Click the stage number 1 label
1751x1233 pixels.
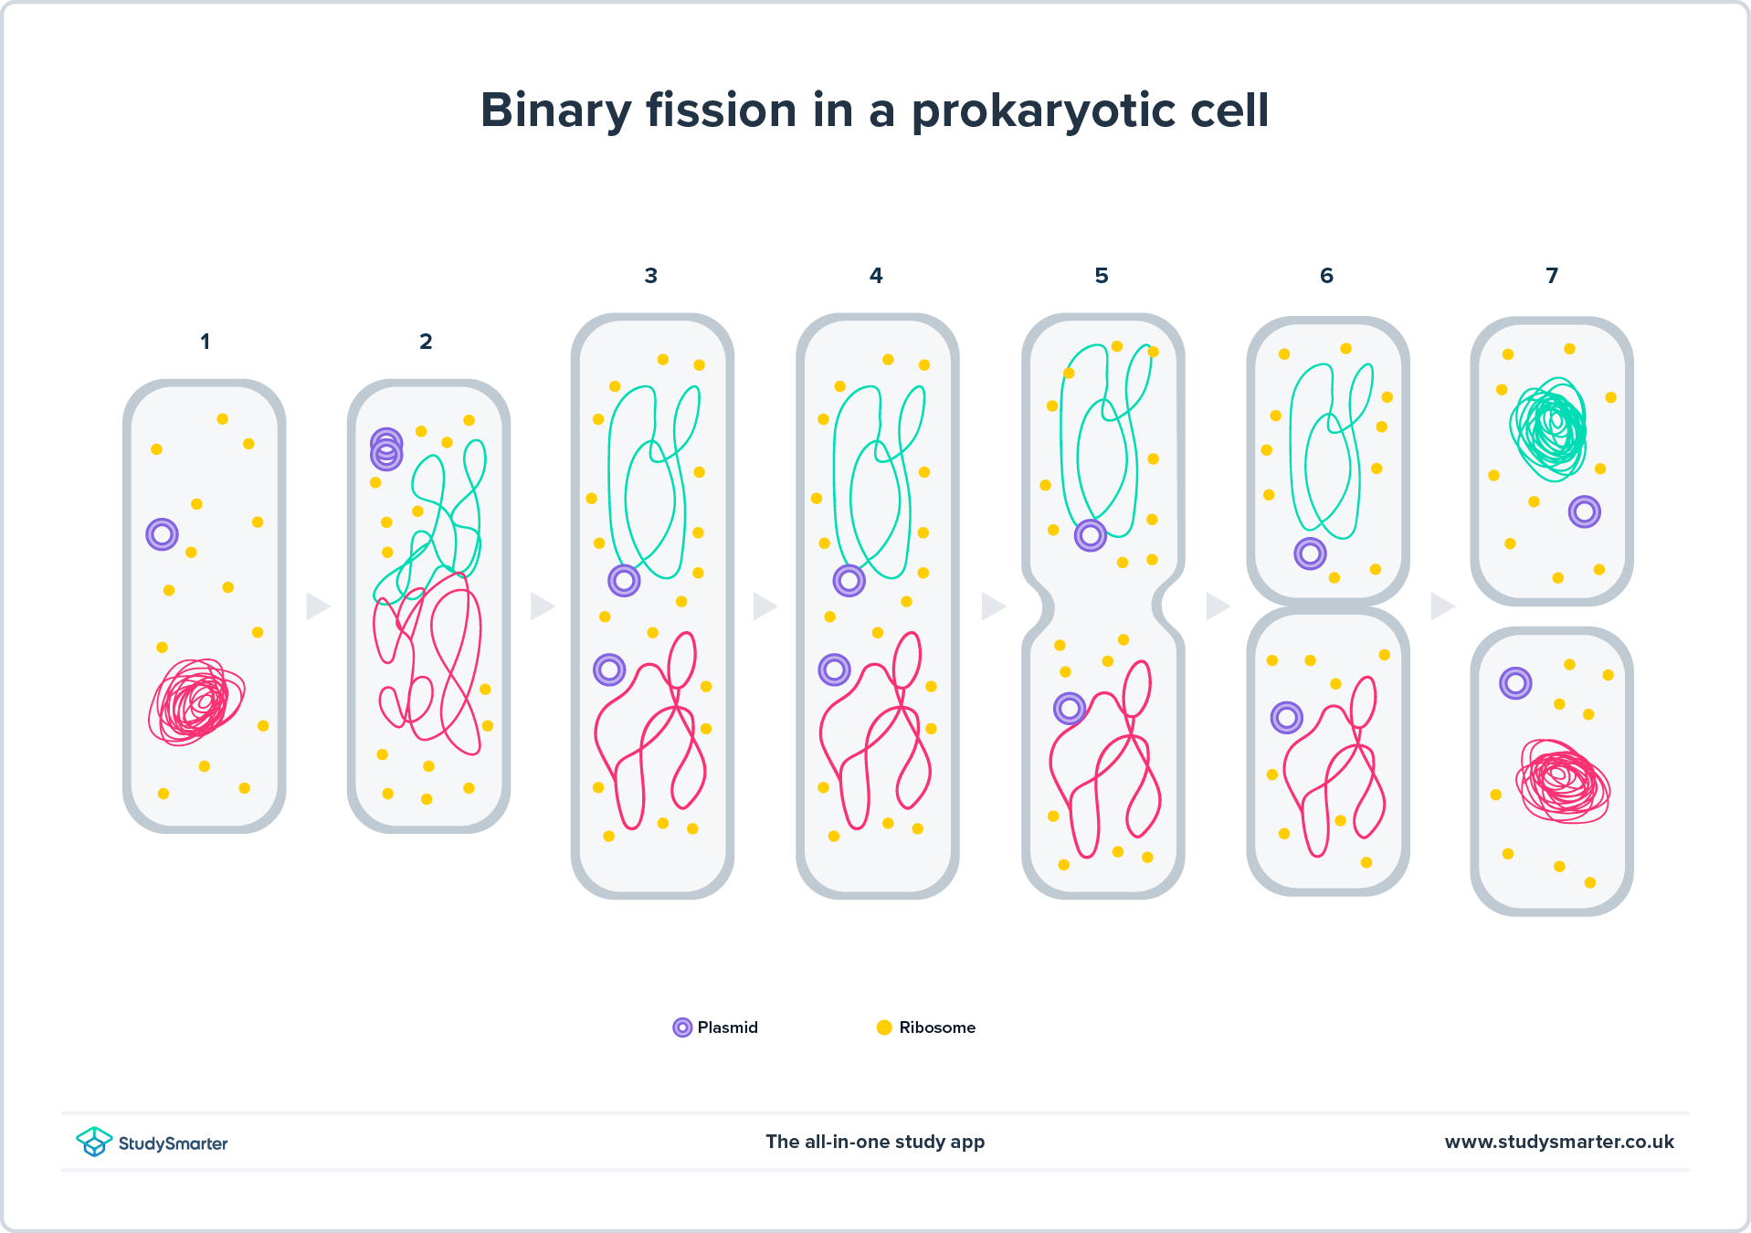pos(205,342)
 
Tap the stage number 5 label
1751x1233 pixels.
pos(1102,276)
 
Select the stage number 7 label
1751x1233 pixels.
pos(1552,276)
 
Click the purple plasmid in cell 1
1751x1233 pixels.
pos(162,534)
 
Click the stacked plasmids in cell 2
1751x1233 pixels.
pos(386,449)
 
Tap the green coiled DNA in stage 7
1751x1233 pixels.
pos(1550,428)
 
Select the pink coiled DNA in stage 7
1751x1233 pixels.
pos(1563,781)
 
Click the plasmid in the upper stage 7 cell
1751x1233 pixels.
pos(1585,511)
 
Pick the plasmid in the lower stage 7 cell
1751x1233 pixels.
pos(1515,682)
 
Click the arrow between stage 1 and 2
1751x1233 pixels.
pos(317,606)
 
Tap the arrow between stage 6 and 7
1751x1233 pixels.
pos(1441,606)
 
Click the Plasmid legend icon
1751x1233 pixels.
pos(682,1027)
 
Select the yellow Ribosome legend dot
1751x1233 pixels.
pos(884,1027)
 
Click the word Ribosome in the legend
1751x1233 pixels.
pos(937,1027)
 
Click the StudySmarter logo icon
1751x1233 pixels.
pos(94,1142)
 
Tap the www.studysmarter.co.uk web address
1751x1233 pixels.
pos(1559,1142)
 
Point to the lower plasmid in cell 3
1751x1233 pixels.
pos(609,669)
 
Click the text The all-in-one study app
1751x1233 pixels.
pos(875,1142)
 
